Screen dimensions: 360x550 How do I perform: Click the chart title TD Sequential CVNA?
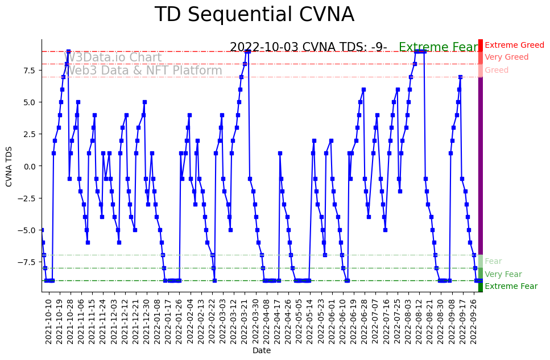click(254, 15)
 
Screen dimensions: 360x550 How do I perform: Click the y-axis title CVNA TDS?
click(9, 165)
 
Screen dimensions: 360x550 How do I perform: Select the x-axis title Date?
click(261, 351)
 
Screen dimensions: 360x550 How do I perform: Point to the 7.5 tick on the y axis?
click(29, 70)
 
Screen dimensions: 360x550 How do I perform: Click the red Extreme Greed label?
click(514, 45)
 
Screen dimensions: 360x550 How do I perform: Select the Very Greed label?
click(506, 57)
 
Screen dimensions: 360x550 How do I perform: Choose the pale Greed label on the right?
click(497, 71)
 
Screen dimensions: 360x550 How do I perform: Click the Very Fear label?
click(503, 275)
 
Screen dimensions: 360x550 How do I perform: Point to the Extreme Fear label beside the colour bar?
click(511, 287)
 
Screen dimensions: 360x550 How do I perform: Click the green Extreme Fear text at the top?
click(439, 48)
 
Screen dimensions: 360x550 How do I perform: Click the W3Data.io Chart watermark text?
click(114, 58)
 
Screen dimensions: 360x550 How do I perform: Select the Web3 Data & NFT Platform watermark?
click(144, 71)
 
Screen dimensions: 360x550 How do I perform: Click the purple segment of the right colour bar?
click(481, 165)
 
